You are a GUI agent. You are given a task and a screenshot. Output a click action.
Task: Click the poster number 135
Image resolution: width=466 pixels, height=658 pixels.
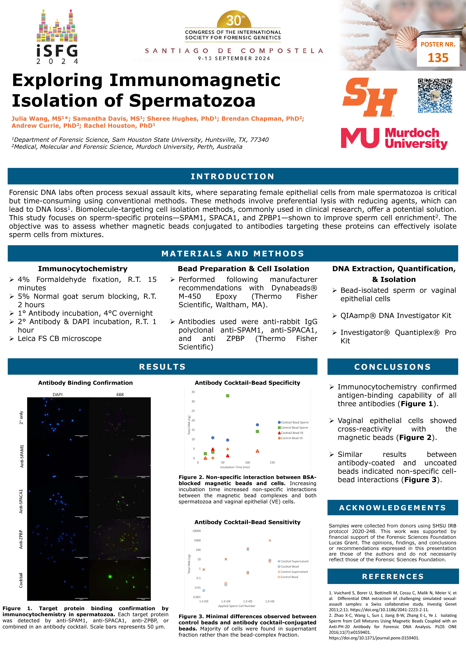click(438, 58)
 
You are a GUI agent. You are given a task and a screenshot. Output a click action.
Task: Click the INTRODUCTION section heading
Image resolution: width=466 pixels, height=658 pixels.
click(233, 176)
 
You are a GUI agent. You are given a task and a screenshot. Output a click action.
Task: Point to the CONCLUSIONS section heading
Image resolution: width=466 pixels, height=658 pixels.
click(393, 367)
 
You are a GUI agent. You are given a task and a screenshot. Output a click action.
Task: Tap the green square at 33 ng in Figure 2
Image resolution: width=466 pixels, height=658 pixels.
click(228, 396)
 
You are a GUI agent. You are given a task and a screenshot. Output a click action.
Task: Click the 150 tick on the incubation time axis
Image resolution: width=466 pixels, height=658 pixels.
click(272, 462)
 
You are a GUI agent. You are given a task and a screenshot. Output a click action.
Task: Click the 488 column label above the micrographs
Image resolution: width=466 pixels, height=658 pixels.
click(120, 394)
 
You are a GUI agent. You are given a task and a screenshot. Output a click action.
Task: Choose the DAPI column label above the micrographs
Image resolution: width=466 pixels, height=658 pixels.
click(58, 394)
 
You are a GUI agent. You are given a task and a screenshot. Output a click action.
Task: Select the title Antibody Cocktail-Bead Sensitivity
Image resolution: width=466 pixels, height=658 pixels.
click(247, 522)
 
